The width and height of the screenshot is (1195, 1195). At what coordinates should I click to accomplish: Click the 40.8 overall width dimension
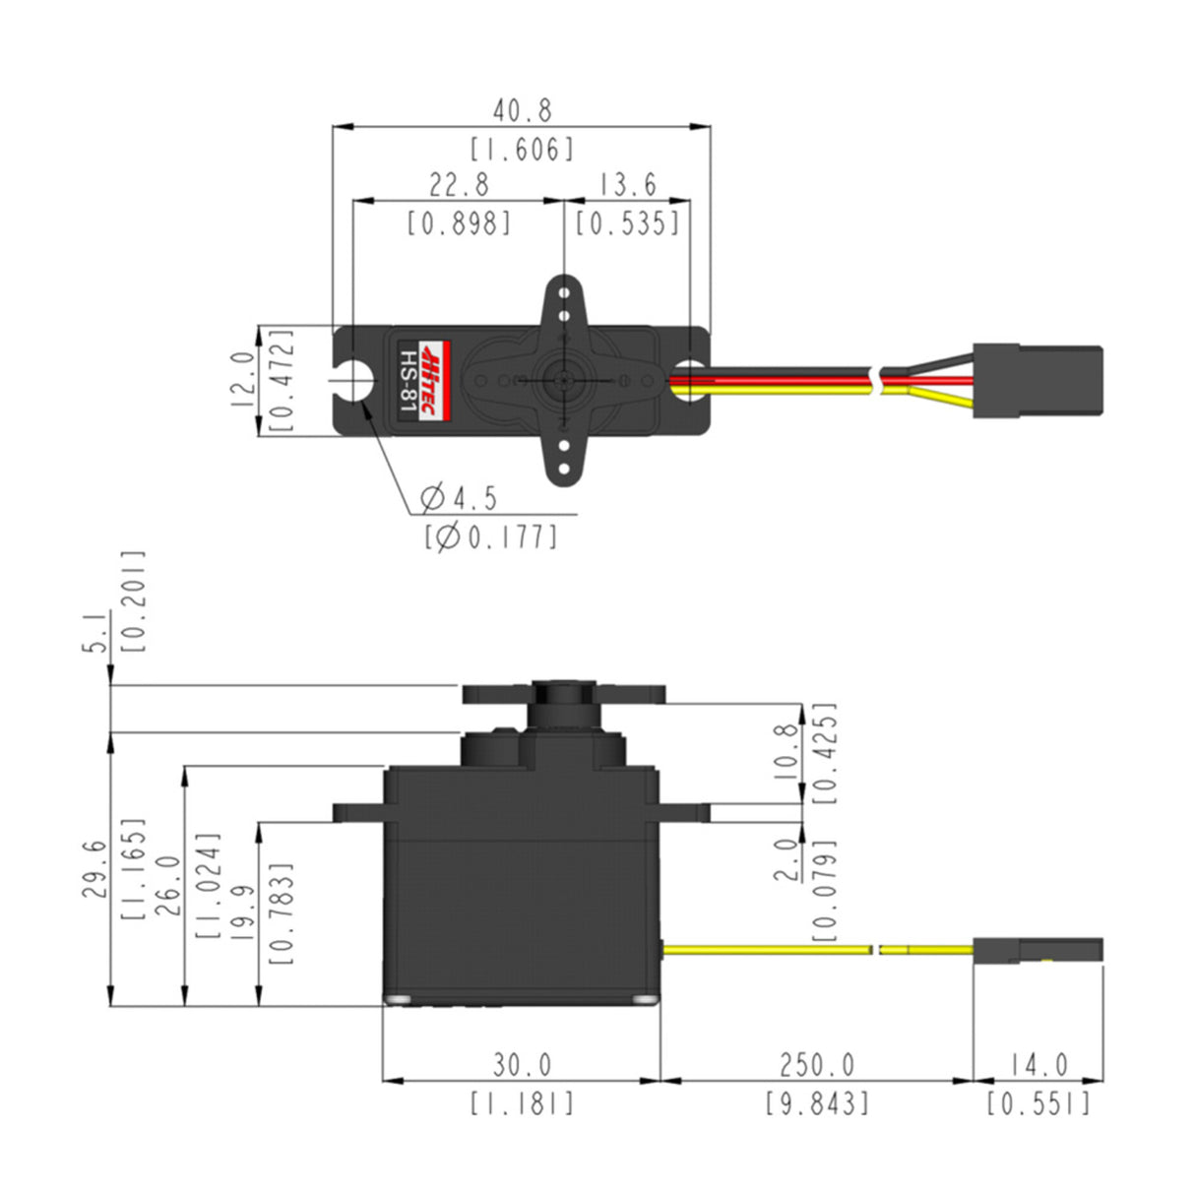(x=522, y=109)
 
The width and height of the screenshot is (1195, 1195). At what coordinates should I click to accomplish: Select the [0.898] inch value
(x=459, y=224)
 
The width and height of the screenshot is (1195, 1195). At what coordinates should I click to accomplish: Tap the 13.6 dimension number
(x=627, y=185)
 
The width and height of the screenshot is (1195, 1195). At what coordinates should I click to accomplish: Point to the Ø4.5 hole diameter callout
(x=459, y=499)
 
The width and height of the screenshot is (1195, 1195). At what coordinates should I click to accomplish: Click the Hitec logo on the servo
(x=432, y=381)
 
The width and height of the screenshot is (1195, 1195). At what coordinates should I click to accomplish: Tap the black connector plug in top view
(x=1036, y=381)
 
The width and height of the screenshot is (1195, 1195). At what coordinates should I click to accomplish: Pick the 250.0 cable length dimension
(x=817, y=1065)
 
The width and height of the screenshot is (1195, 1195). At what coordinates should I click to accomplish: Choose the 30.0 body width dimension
(x=522, y=1065)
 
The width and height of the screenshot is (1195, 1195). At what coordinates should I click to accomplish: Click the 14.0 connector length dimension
(x=1038, y=1065)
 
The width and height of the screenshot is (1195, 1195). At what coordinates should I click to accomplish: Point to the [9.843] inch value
(x=817, y=1103)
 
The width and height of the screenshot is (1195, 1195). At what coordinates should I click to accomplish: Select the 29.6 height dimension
(x=94, y=868)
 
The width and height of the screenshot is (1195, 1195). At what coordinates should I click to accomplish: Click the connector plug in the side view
(x=1038, y=950)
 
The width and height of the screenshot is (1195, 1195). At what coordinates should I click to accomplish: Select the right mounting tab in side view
(x=685, y=813)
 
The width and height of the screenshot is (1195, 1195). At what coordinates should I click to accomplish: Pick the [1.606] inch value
(x=522, y=150)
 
